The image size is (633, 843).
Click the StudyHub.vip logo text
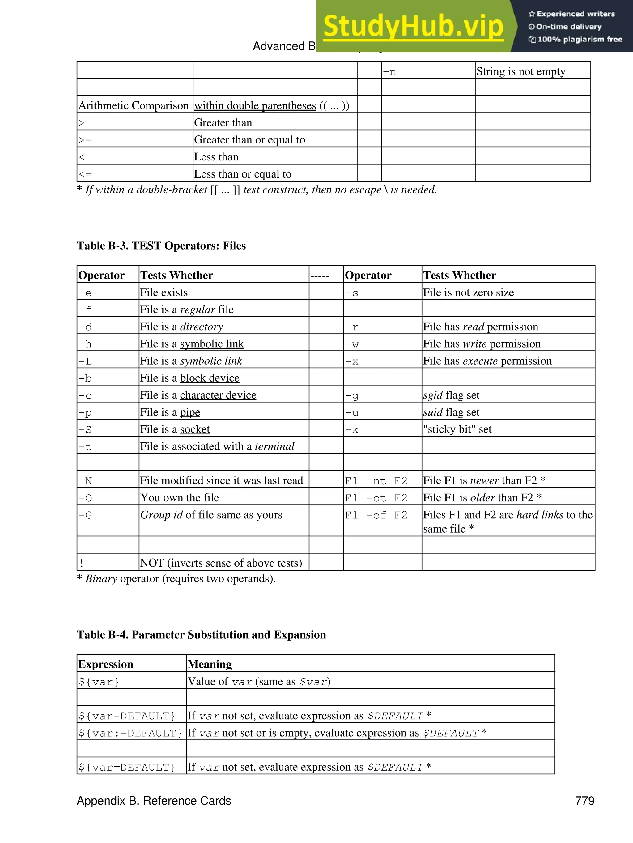[413, 26]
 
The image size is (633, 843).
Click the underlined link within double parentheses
[255, 105]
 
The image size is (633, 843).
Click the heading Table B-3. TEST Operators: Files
[161, 246]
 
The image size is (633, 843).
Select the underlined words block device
[210, 378]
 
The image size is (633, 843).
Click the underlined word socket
[195, 430]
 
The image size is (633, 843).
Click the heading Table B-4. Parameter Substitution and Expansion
[201, 635]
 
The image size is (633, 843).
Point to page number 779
[585, 801]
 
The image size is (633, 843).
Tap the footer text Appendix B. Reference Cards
[154, 801]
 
